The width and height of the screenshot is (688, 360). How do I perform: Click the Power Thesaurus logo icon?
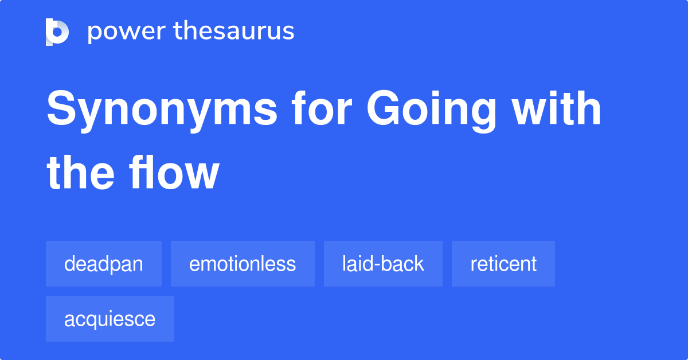click(57, 32)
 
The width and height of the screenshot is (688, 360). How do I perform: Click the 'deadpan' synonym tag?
click(104, 264)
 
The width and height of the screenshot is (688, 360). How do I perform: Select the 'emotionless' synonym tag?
click(243, 264)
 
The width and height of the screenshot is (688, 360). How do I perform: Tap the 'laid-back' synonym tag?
click(383, 264)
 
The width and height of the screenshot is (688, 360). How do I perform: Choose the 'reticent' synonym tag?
click(503, 264)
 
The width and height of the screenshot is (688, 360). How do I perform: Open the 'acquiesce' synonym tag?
click(110, 319)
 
